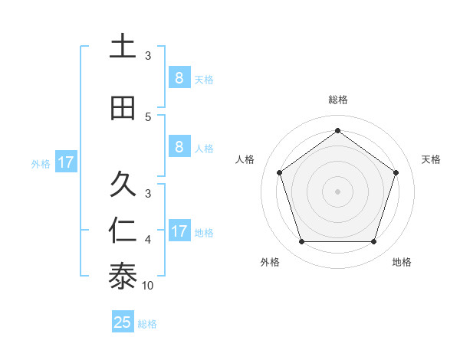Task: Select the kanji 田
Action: [x=122, y=108]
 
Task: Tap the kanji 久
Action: [x=122, y=184]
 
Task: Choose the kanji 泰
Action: [x=122, y=277]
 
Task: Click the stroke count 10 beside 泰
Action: [x=148, y=286]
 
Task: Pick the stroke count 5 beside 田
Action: [x=148, y=116]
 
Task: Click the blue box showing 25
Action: [x=123, y=322]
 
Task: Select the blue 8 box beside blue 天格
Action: [x=179, y=78]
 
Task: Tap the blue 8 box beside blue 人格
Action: [x=179, y=147]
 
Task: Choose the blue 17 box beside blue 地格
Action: [x=179, y=231]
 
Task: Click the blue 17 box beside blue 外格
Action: [x=65, y=162]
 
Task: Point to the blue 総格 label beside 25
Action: [x=147, y=324]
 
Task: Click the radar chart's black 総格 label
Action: [x=337, y=100]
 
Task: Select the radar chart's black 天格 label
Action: [x=431, y=159]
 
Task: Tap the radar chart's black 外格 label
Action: [x=270, y=262]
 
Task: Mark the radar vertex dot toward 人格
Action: [x=279, y=172]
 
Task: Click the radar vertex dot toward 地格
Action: [x=373, y=241]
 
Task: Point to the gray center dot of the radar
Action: [x=337, y=191]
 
